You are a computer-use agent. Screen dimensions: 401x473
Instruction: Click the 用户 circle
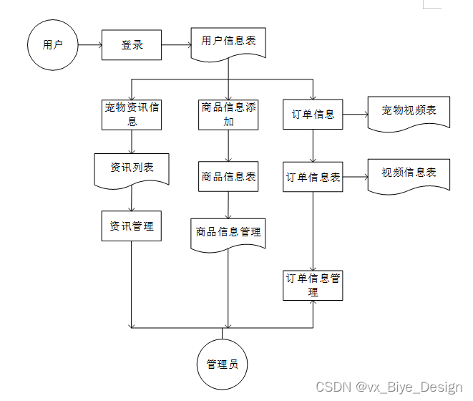point(52,45)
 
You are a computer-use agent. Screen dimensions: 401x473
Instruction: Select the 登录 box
point(132,45)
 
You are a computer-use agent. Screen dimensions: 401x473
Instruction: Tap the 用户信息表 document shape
point(228,42)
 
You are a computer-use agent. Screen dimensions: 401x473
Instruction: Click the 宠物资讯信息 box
point(132,114)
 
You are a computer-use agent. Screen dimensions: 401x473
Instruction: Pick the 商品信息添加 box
point(228,114)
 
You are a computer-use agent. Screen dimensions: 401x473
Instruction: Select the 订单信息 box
point(313,114)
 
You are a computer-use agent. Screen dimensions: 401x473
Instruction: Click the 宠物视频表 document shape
point(409,112)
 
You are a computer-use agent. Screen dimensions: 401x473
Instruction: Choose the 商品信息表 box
point(228,176)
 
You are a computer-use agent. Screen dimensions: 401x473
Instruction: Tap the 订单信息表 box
point(313,177)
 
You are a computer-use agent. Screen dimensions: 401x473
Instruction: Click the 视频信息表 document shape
point(409,174)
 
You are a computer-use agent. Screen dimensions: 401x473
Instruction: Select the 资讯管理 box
point(132,226)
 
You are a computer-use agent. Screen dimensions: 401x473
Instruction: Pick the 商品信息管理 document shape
point(228,233)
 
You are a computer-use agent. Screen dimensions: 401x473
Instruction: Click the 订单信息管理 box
point(313,285)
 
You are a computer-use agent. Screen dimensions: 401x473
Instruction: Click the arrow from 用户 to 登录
point(89,45)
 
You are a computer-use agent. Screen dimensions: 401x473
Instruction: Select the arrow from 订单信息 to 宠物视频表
point(355,114)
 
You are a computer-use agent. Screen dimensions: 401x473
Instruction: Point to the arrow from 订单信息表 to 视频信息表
point(355,176)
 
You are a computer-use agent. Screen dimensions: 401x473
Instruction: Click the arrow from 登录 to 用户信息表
point(176,45)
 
